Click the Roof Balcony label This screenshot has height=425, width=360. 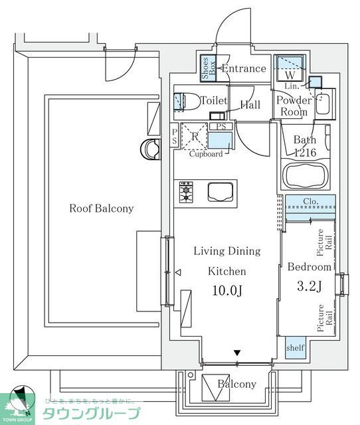[x=102, y=209]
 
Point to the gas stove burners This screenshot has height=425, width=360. [x=185, y=193]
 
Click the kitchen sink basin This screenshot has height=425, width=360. [x=220, y=192]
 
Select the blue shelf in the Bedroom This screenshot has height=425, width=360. [x=295, y=348]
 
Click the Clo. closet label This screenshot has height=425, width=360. [x=311, y=201]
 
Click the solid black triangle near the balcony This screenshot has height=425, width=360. [x=236, y=354]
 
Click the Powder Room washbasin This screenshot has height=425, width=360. [x=324, y=105]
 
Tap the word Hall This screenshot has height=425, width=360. [x=250, y=104]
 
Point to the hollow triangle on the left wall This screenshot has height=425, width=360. [x=177, y=272]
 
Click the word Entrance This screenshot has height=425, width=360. [x=244, y=68]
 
